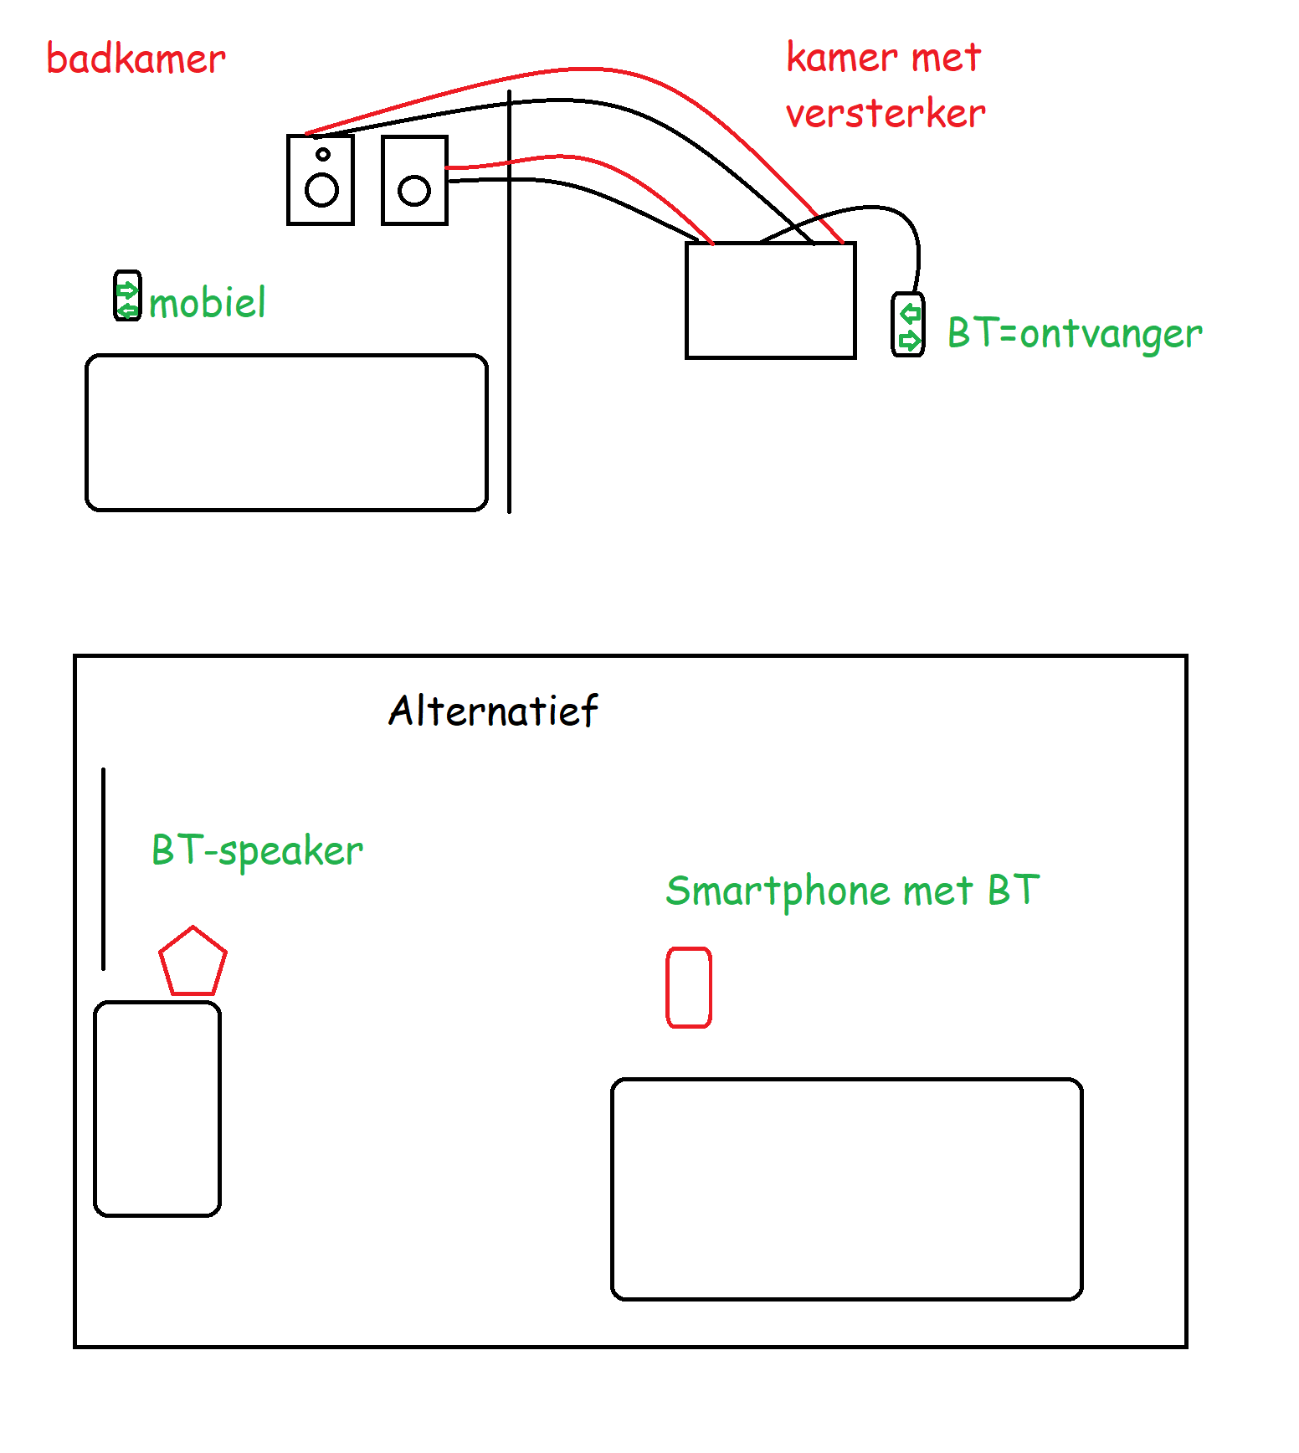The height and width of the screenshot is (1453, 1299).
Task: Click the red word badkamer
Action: [x=136, y=59]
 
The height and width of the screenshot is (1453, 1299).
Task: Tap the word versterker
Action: [x=886, y=114]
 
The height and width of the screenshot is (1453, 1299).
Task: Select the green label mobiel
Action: [x=208, y=302]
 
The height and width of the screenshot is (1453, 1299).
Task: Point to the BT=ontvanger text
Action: [x=1075, y=333]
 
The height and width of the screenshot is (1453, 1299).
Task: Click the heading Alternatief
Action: [x=493, y=711]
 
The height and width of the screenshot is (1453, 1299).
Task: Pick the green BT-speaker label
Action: [x=257, y=850]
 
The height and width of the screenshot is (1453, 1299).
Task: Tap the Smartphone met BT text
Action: [x=852, y=891]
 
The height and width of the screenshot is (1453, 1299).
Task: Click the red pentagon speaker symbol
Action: [x=193, y=963]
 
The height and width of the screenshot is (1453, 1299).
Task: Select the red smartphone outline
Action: [x=689, y=988]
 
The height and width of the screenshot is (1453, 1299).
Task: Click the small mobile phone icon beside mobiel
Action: [x=127, y=295]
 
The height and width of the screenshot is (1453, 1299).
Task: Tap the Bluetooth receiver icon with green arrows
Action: [x=908, y=325]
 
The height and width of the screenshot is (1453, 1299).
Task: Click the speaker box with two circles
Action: [x=321, y=180]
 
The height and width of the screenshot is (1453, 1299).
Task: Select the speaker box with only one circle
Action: [x=414, y=180]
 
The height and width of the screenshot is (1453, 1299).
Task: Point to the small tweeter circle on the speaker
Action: [x=322, y=154]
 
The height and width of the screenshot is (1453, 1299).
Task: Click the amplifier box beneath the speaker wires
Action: [x=770, y=300]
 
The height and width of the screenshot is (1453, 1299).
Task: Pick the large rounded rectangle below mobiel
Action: [x=286, y=432]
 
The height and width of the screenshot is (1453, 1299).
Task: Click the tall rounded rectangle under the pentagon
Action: [x=157, y=1108]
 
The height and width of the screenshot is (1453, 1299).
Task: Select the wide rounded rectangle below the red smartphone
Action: [x=847, y=1189]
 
